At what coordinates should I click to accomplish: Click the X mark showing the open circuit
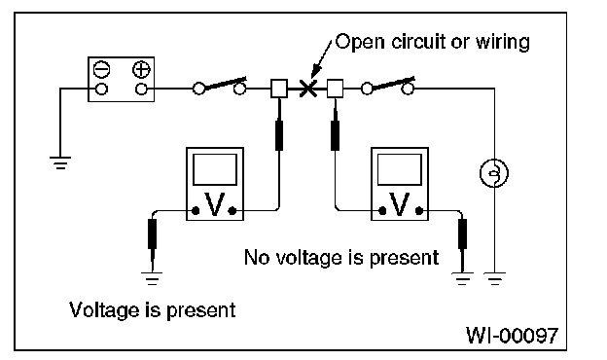308,89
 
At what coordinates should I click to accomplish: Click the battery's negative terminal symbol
102,70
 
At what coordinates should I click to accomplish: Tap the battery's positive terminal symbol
141,70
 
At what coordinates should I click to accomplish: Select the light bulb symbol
494,173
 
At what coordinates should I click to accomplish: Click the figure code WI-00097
512,335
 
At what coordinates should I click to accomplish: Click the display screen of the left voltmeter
215,169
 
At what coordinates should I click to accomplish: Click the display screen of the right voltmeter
400,169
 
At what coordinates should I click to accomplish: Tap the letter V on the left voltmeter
214,204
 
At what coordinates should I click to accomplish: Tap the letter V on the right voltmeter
400,204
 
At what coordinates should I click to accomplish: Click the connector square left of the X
279,89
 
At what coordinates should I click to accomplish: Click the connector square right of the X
335,89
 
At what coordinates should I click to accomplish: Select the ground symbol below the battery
60,162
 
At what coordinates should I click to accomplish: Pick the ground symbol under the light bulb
494,278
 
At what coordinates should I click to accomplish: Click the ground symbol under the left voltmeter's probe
152,278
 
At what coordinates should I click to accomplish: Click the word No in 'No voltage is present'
256,257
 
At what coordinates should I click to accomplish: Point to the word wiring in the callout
502,42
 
